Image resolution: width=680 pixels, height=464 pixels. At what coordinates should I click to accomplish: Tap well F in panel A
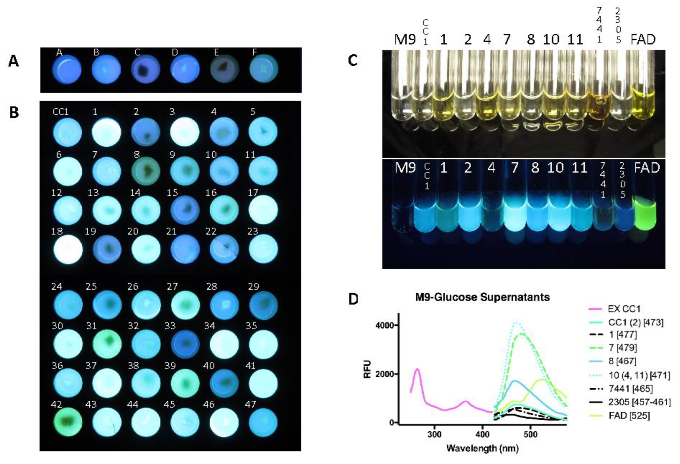pos(264,70)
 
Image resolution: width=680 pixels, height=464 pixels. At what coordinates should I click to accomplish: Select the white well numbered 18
pos(67,249)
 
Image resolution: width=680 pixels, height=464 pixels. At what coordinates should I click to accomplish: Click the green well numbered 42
pos(67,422)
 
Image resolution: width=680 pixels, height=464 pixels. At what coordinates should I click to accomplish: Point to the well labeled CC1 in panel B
pos(67,132)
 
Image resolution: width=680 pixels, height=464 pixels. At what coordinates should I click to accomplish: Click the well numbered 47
pos(263,422)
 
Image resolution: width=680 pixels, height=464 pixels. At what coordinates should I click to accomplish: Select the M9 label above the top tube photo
pos(405,39)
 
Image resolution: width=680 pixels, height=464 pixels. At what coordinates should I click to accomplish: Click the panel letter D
pos(353,299)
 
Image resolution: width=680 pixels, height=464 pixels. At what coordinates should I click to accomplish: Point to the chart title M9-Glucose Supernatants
pos(482,297)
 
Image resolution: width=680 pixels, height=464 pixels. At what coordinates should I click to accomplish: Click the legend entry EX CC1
pos(624,309)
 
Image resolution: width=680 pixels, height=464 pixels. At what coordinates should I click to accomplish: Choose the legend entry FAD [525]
pos(629,416)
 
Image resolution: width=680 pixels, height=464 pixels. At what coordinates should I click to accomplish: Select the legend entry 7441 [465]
pos(631,389)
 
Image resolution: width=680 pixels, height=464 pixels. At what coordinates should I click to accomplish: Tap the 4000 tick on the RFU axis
pos(385,326)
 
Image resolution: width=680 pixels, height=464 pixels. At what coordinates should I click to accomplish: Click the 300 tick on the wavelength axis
pos(435,434)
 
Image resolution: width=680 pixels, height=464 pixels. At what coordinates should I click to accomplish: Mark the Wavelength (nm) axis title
pos(482,448)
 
